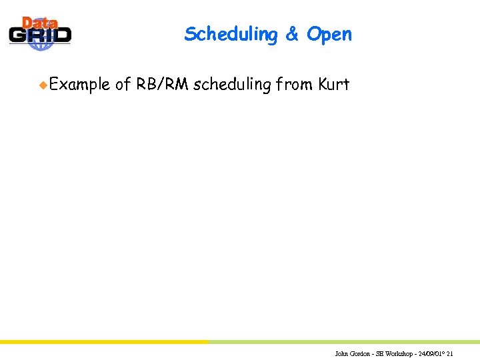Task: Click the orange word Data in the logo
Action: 39,23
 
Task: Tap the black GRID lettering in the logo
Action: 40,35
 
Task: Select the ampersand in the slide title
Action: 292,35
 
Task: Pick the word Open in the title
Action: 329,35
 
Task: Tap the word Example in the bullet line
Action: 79,85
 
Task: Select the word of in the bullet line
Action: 123,85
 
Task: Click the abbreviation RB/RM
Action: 162,85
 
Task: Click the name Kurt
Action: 334,85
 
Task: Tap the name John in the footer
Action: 341,353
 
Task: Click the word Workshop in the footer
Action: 398,353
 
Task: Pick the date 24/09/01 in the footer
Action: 431,353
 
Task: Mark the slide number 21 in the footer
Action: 451,353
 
